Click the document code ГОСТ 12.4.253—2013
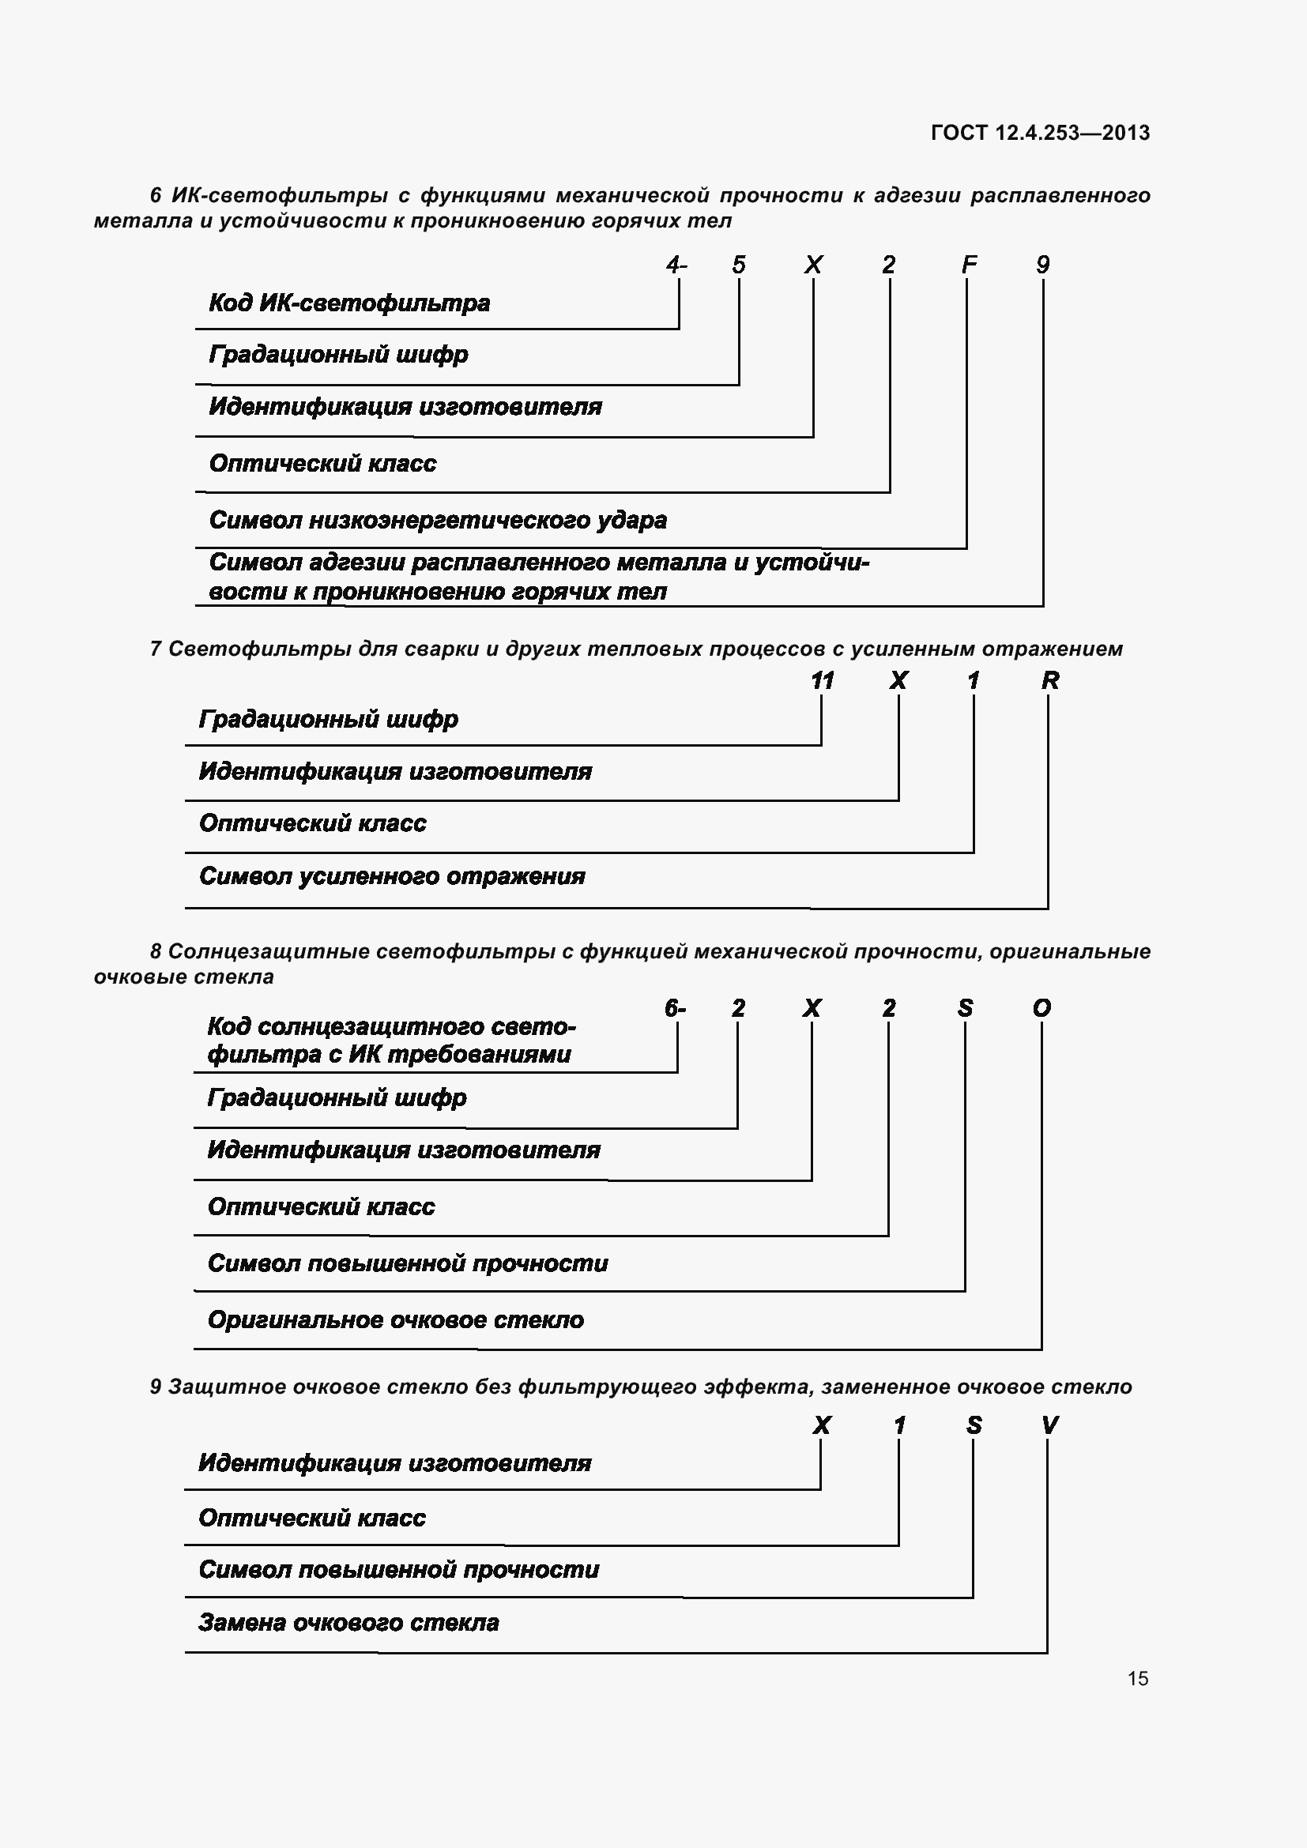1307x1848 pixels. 1040,133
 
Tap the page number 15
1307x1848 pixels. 1138,1678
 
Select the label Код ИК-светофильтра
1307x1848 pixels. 349,303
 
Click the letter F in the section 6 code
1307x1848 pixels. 969,265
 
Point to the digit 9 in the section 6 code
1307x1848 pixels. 1043,265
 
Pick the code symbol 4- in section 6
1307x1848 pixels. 676,265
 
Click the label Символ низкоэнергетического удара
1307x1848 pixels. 438,521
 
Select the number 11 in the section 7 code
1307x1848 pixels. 822,681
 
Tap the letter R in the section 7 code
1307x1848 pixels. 1049,681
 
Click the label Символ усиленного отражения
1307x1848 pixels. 392,876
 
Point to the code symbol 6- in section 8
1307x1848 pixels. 674,1008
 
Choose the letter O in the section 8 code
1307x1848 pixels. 1041,1008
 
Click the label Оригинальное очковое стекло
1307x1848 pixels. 396,1320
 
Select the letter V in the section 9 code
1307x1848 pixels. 1049,1426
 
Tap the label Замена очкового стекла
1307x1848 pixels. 348,1623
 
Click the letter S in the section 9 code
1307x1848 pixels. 974,1426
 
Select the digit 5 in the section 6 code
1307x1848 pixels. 739,265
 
